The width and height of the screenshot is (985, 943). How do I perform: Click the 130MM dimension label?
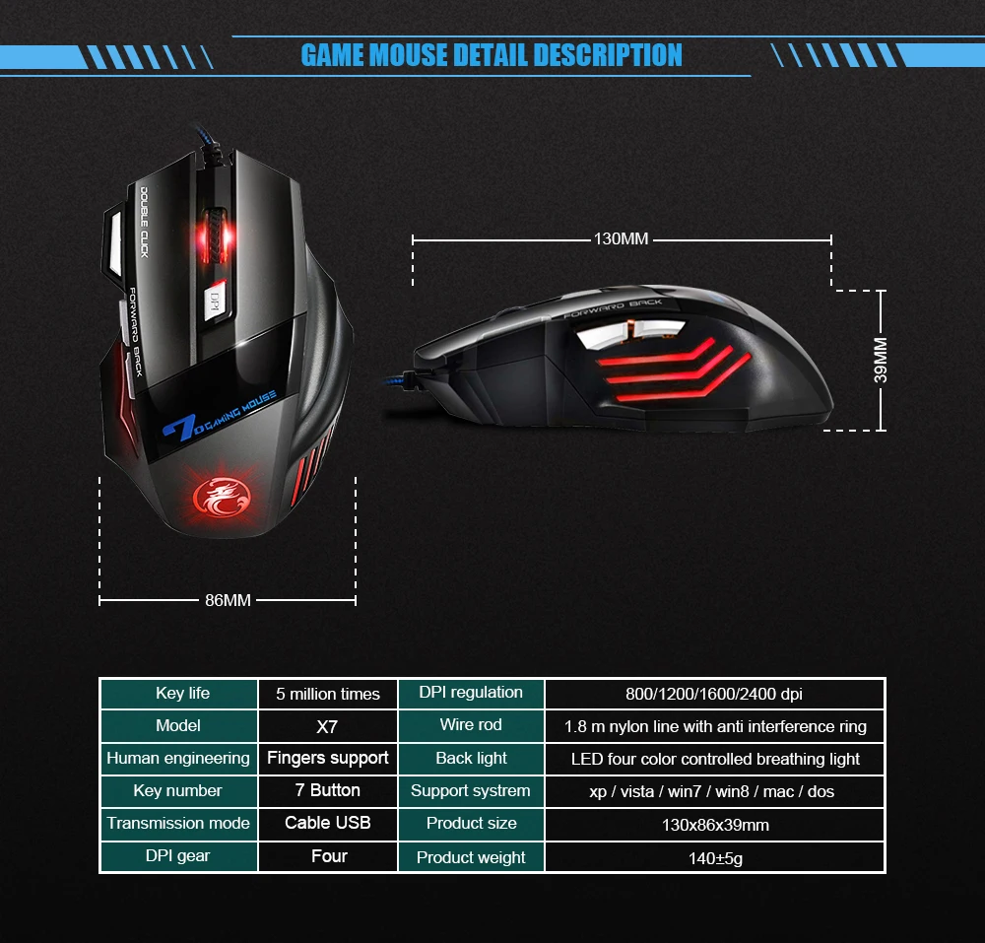click(621, 238)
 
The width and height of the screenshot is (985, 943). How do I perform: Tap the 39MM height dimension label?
click(881, 361)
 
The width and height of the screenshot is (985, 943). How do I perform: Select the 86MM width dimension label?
click(228, 600)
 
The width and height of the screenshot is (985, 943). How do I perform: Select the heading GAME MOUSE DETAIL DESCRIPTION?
click(492, 55)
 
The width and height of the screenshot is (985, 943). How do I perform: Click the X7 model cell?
click(327, 726)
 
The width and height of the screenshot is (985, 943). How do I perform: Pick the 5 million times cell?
click(327, 694)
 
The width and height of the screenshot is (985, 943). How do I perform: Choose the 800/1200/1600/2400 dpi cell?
click(714, 694)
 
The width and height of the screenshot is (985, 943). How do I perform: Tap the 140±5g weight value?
click(714, 857)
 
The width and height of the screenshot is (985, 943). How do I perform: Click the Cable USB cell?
click(327, 823)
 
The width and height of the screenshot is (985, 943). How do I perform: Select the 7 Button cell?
click(327, 790)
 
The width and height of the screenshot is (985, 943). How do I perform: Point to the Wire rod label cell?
click(471, 725)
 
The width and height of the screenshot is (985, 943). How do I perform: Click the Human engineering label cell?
click(178, 758)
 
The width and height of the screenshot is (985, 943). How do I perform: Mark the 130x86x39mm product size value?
click(714, 825)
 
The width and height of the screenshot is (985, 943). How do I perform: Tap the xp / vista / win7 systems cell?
click(714, 791)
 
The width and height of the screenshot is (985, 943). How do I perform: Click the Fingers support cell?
click(327, 758)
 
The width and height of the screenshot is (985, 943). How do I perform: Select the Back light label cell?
click(471, 758)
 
